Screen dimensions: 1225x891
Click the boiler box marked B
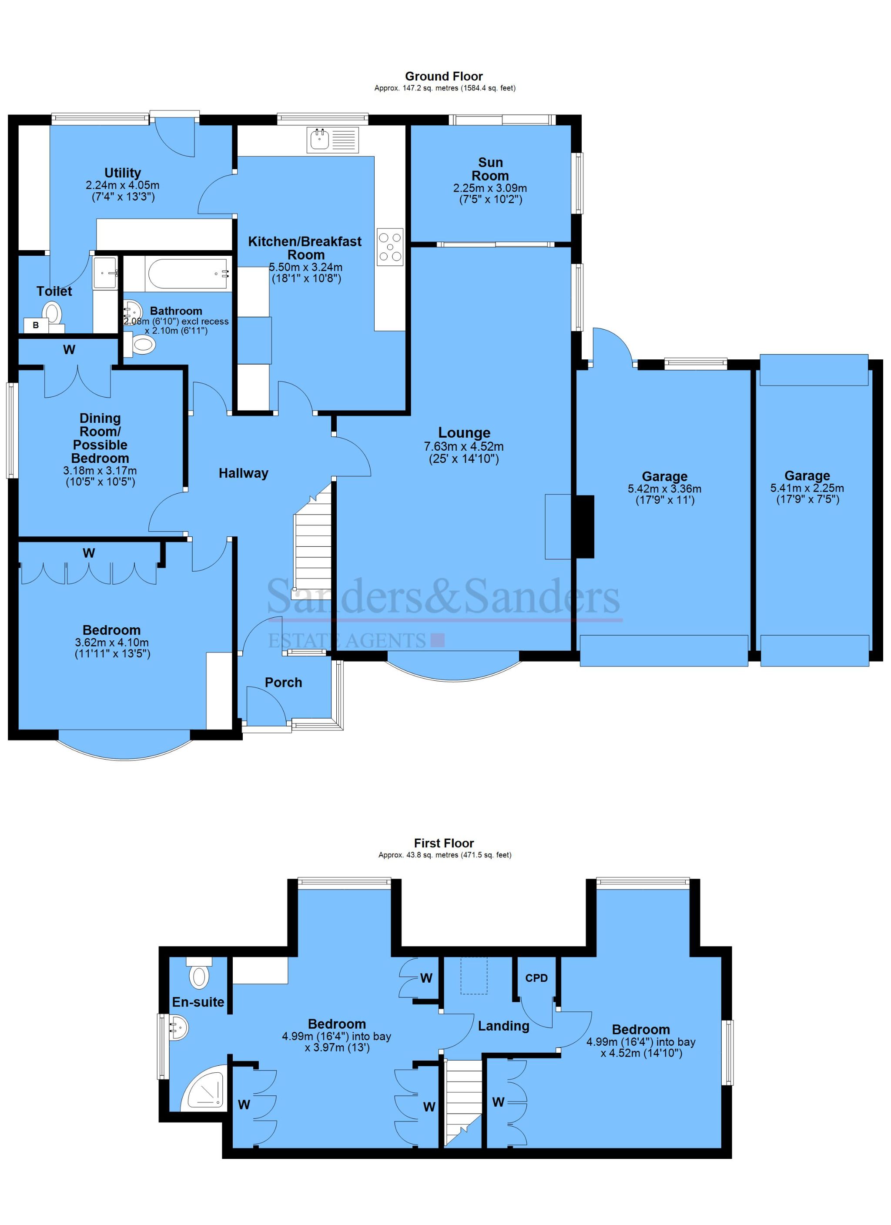[x=36, y=325]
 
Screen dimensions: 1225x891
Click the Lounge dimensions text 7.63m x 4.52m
[x=464, y=447]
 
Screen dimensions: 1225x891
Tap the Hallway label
[x=243, y=473]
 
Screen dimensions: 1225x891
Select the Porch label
[x=283, y=682]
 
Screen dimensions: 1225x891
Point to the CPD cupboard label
[x=536, y=978]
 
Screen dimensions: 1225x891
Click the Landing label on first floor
[x=503, y=1026]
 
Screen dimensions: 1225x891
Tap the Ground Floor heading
[x=444, y=76]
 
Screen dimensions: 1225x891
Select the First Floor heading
[x=444, y=843]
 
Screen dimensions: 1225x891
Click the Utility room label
[x=123, y=173]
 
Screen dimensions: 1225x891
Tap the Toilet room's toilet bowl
[x=52, y=312]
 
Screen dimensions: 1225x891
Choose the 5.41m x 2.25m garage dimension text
[x=807, y=488]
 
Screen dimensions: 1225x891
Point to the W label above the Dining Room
[x=69, y=350]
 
